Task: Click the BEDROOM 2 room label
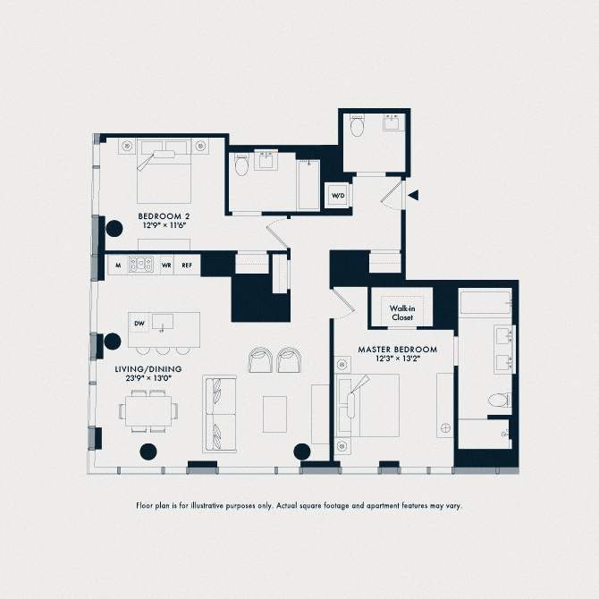pyautogui.click(x=163, y=217)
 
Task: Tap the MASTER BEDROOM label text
pyautogui.click(x=397, y=349)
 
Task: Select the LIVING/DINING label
pyautogui.click(x=148, y=367)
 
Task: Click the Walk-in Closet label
pyautogui.click(x=401, y=312)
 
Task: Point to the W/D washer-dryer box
pyautogui.click(x=338, y=196)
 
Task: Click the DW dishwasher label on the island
pyautogui.click(x=139, y=323)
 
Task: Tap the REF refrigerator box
pyautogui.click(x=188, y=266)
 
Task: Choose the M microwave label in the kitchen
pyautogui.click(x=117, y=266)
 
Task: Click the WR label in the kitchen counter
pyautogui.click(x=165, y=266)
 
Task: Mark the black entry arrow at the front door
pyautogui.click(x=412, y=194)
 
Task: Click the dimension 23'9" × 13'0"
pyautogui.click(x=148, y=378)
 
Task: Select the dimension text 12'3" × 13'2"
pyautogui.click(x=397, y=359)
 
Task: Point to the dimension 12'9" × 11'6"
pyautogui.click(x=163, y=228)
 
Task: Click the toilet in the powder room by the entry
pyautogui.click(x=358, y=127)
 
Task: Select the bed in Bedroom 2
pyautogui.click(x=165, y=171)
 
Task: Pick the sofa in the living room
pyautogui.click(x=220, y=414)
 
